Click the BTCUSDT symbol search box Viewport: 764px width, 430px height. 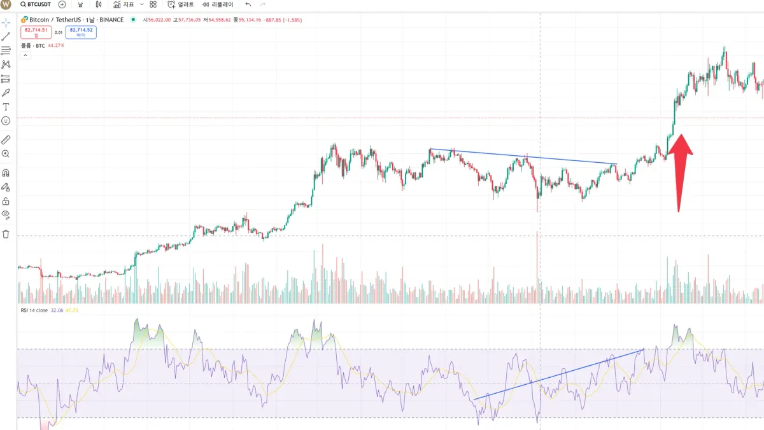click(x=36, y=4)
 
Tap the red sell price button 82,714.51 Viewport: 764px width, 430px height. click(x=36, y=32)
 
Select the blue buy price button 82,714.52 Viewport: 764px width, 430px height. click(x=81, y=32)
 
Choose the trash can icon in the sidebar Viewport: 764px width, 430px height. click(x=6, y=234)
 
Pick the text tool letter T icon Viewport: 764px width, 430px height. click(x=6, y=107)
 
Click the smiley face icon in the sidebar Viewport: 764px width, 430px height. click(x=6, y=121)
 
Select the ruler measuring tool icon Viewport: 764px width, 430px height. click(x=6, y=139)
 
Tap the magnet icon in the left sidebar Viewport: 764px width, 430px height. click(x=6, y=172)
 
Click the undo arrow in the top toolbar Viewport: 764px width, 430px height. click(x=248, y=4)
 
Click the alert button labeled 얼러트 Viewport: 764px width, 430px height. click(x=181, y=4)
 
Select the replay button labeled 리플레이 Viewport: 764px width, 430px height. click(x=218, y=4)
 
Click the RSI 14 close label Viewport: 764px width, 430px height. click(x=32, y=310)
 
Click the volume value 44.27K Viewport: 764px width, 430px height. click(x=57, y=45)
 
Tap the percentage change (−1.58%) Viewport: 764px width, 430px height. click(x=291, y=20)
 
